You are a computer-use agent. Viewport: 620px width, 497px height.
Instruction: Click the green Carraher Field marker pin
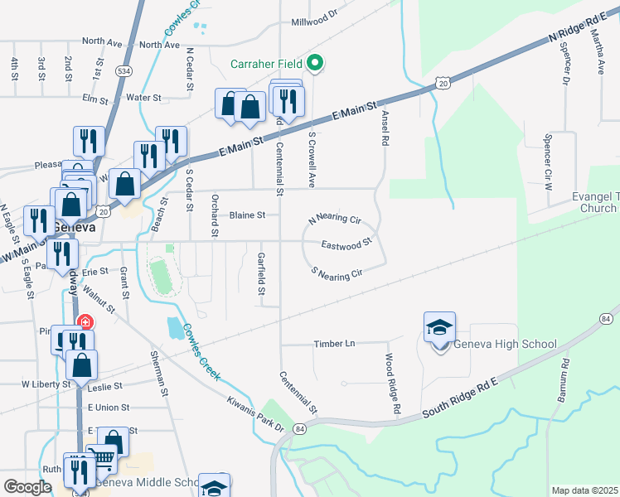(x=314, y=62)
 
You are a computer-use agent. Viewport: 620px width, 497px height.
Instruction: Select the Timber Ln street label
(x=334, y=344)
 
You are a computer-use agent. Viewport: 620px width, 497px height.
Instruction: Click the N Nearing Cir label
(x=335, y=220)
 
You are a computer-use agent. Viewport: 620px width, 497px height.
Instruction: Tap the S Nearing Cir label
(x=337, y=272)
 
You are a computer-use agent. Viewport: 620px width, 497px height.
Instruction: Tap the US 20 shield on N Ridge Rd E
(x=443, y=83)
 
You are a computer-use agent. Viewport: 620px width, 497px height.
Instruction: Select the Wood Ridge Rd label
(x=392, y=384)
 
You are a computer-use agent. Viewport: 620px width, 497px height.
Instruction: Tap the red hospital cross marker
(x=84, y=321)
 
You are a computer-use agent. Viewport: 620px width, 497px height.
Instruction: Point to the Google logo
(x=27, y=487)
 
